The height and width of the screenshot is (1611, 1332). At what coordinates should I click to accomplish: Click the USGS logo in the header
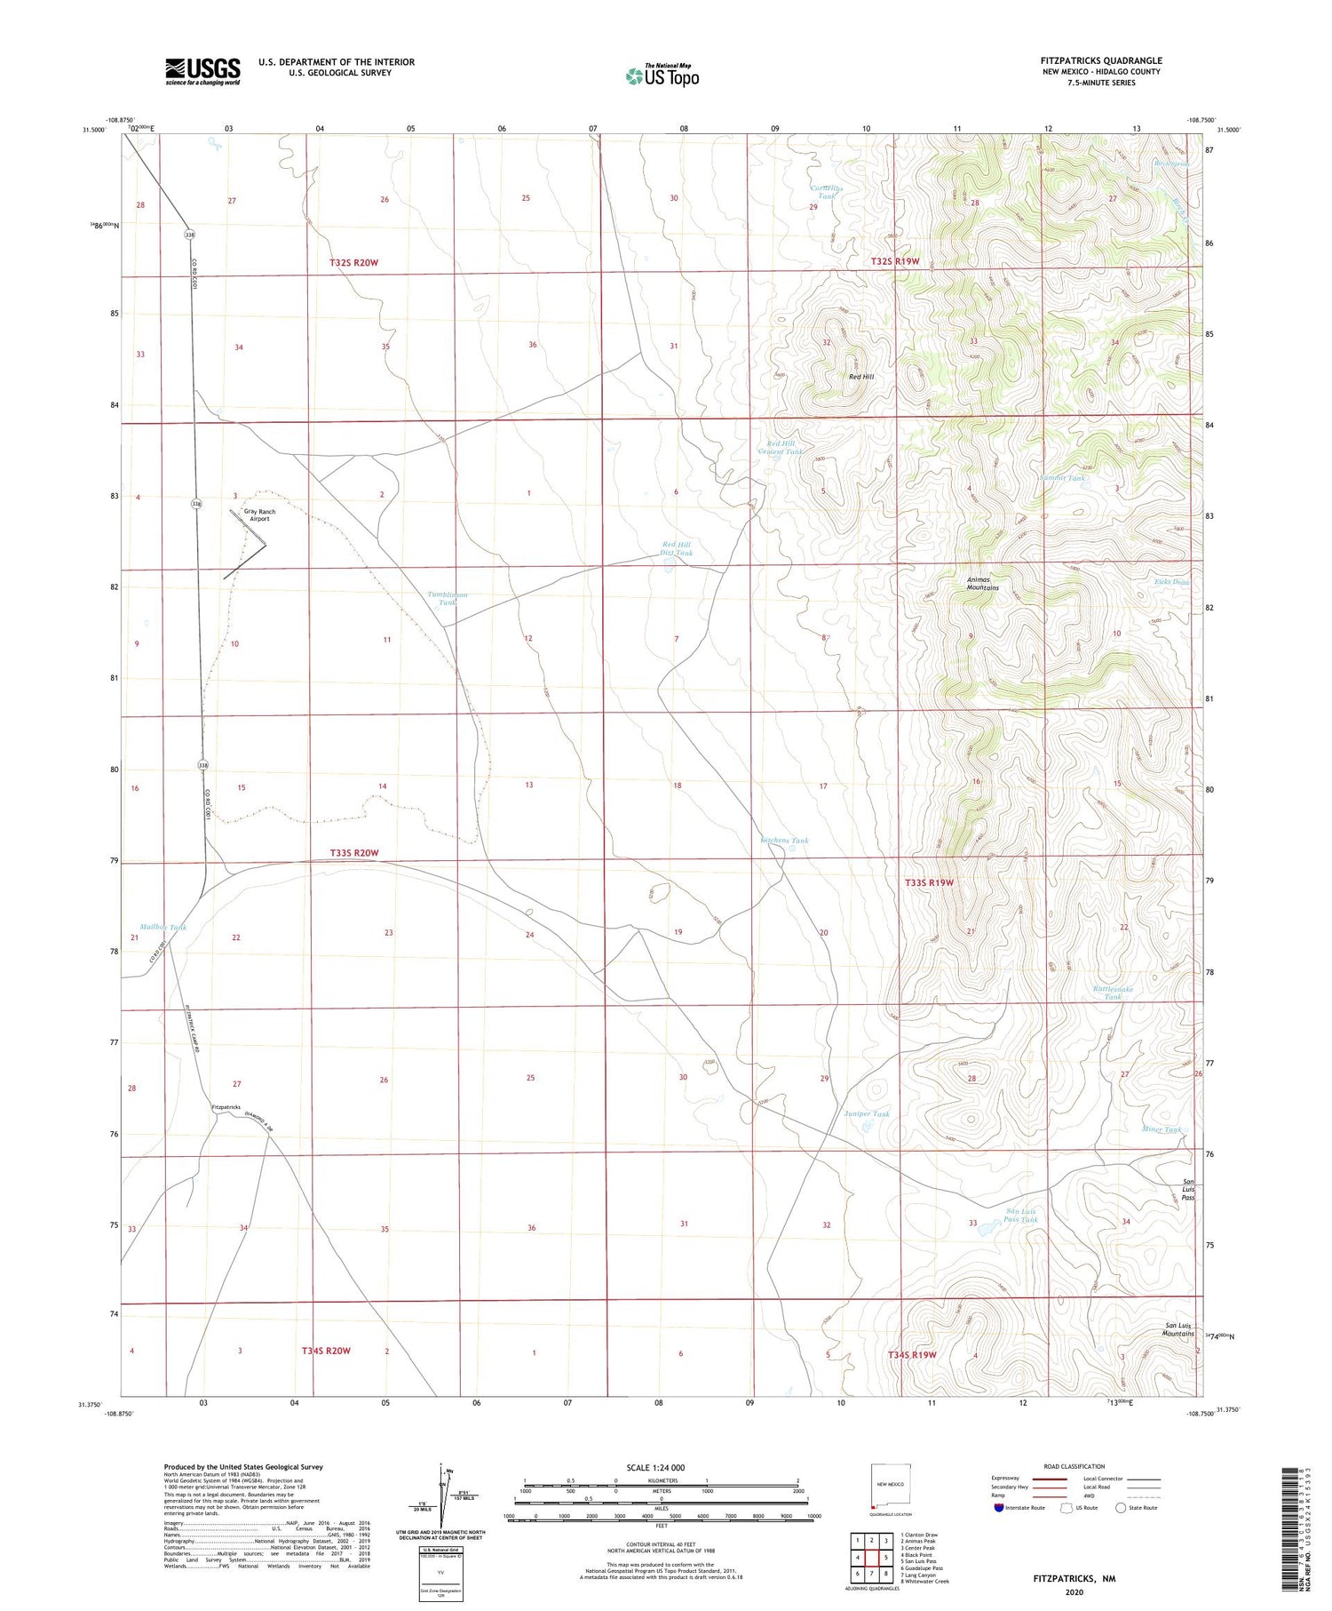[202, 71]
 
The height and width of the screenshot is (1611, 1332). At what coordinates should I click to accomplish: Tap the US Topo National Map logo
[662, 76]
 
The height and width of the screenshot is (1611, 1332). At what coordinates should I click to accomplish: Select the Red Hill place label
[860, 377]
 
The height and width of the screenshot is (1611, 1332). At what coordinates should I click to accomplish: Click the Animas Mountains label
[982, 584]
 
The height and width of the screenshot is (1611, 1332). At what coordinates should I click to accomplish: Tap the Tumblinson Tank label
[447, 598]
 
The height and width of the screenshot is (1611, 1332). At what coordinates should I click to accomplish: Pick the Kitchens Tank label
[784, 840]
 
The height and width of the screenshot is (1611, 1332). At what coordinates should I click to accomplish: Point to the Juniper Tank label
[866, 1113]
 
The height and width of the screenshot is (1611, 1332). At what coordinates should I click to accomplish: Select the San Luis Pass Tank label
[1020, 1216]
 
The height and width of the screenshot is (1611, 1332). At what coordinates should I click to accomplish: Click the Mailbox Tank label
[163, 927]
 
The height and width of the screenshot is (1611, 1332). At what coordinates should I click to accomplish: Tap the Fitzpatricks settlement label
[226, 1107]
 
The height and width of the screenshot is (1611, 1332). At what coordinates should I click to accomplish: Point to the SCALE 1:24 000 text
[661, 1468]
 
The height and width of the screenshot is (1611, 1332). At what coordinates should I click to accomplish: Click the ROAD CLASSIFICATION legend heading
[1074, 1466]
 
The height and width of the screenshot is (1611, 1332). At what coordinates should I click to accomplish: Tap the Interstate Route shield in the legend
[999, 1507]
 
